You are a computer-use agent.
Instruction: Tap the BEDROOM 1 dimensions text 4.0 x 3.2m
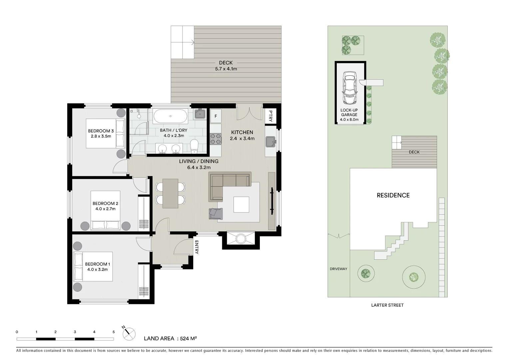(97, 270)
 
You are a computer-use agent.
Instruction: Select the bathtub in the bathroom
(171, 116)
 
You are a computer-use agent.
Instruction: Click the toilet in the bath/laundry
(194, 146)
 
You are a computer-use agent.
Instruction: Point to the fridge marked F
(216, 116)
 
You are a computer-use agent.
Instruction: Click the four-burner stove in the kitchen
(216, 139)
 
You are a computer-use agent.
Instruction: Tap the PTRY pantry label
(270, 116)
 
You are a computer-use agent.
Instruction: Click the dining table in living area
(170, 193)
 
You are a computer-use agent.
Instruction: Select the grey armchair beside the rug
(215, 213)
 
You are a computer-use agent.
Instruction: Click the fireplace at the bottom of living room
(241, 239)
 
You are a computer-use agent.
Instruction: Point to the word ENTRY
(197, 247)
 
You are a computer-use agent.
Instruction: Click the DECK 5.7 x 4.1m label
(226, 66)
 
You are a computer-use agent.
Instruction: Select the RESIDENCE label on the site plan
(393, 195)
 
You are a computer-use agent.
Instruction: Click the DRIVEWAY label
(338, 269)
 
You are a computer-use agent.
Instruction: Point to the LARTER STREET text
(387, 305)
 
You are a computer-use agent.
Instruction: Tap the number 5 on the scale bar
(114, 332)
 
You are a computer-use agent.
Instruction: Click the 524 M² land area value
(188, 338)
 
